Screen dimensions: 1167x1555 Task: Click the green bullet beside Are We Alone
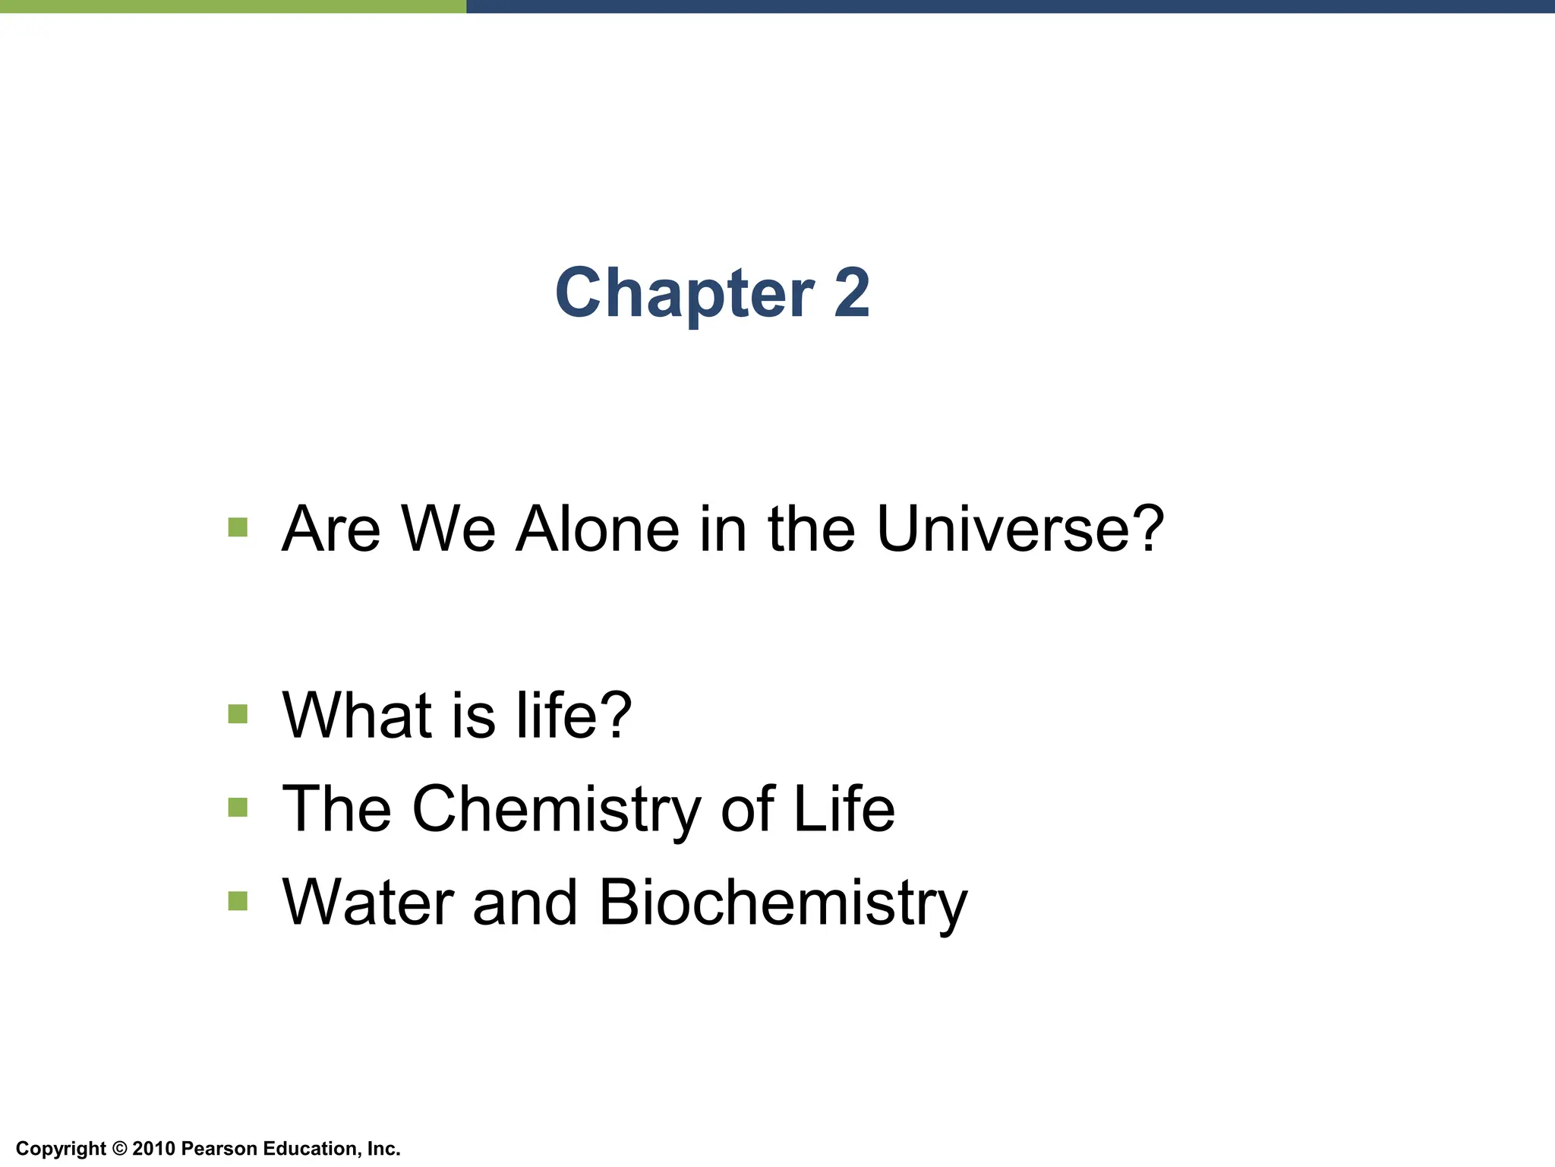238,527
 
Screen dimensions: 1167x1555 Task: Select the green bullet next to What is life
238,714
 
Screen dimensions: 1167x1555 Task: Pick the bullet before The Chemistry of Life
238,807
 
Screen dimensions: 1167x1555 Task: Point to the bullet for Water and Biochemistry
238,901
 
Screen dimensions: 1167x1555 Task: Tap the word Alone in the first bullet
598,529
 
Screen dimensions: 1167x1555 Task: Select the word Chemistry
557,810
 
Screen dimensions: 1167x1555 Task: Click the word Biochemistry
783,903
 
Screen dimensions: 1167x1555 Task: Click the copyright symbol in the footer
119,1149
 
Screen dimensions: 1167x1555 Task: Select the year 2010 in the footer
154,1149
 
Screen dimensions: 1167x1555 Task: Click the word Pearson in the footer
219,1149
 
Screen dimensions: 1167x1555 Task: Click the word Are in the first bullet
330,529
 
